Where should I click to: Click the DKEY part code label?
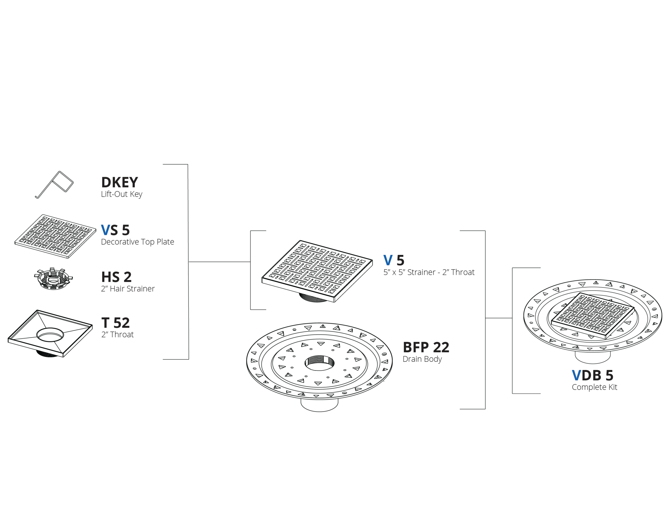[120, 182]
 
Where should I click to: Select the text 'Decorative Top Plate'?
[138, 242]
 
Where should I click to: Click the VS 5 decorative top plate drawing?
[55, 236]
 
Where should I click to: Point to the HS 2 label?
[116, 277]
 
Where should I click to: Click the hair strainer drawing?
[53, 279]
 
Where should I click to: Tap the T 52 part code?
[116, 323]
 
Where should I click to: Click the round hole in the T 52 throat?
[50, 335]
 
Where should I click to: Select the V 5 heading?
[394, 260]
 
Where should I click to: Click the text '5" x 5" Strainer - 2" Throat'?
[429, 272]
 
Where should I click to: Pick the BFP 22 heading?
[426, 347]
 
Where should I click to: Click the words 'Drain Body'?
[422, 359]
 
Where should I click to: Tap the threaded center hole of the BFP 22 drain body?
[319, 363]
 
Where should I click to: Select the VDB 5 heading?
[593, 375]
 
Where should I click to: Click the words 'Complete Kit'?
[595, 387]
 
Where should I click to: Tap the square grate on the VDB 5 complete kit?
[593, 315]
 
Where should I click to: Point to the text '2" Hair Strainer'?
[128, 289]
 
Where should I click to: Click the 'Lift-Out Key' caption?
[122, 194]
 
